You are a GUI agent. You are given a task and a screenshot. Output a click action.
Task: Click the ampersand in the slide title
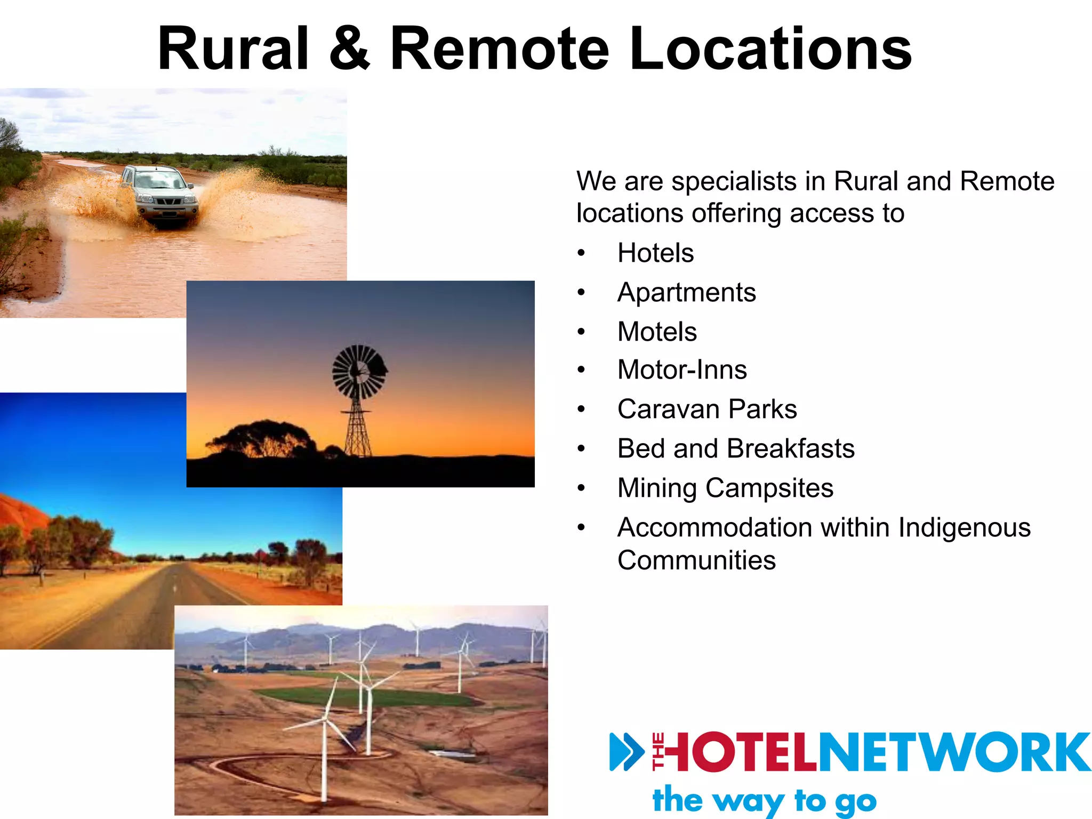349,49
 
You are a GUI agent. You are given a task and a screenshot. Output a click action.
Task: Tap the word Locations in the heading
770,49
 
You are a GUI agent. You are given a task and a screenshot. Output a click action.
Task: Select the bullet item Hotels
655,253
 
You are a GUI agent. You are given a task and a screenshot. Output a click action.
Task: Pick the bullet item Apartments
686,292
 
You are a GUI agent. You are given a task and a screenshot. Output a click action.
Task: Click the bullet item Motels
657,332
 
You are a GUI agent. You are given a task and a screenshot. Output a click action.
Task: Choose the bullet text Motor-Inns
682,370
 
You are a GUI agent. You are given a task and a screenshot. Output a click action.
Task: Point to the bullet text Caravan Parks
707,409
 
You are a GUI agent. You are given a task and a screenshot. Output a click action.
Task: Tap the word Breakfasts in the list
790,448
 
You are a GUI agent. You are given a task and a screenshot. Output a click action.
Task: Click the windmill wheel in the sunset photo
359,372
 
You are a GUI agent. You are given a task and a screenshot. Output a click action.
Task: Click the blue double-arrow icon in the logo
627,752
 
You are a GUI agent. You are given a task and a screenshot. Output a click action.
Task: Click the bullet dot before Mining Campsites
581,488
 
